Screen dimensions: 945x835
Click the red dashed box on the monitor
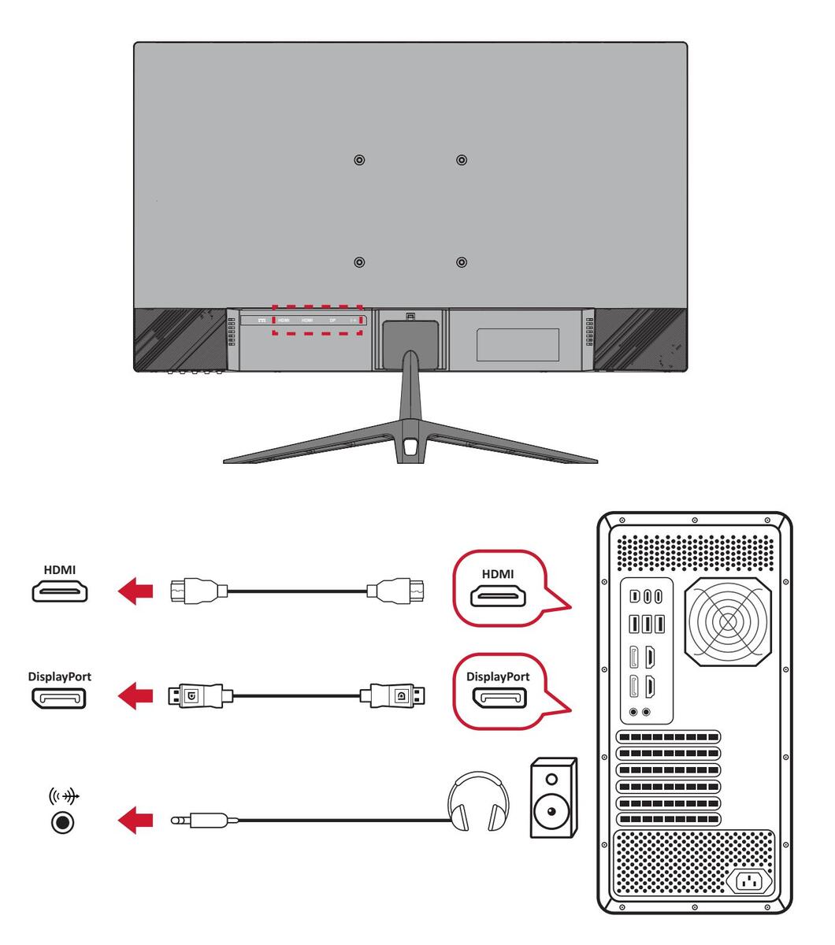pos(317,320)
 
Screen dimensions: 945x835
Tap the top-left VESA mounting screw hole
pos(359,160)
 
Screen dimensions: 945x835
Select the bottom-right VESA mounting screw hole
pos(462,261)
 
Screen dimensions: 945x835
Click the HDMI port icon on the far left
pos(60,591)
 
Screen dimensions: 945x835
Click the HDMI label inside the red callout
pos(497,574)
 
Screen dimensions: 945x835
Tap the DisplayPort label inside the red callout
pos(498,676)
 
